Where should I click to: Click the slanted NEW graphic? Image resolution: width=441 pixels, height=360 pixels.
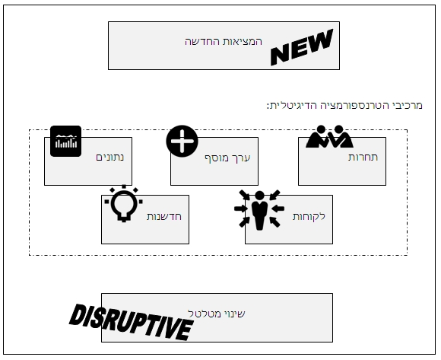(x=302, y=47)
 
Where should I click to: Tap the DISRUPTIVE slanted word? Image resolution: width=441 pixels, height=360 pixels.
(x=131, y=322)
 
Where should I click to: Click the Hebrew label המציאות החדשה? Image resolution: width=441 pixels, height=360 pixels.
(x=224, y=42)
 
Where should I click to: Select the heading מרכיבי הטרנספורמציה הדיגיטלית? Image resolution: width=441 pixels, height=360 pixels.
(x=344, y=106)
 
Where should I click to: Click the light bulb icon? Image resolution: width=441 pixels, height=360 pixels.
(x=124, y=203)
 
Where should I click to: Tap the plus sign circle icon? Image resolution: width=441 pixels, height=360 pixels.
(x=182, y=141)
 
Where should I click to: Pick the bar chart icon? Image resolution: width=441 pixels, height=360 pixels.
(x=66, y=141)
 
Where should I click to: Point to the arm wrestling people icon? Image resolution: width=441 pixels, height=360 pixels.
(x=330, y=136)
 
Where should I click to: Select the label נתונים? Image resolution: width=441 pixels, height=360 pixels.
(x=110, y=157)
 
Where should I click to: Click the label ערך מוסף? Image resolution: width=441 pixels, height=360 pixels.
(x=227, y=158)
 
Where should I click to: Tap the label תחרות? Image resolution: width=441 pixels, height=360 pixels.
(x=363, y=157)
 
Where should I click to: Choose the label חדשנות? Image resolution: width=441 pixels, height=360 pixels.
(x=164, y=216)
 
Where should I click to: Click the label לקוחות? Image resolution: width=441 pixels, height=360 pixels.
(x=309, y=216)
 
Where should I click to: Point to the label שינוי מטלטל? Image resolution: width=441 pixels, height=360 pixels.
(x=217, y=314)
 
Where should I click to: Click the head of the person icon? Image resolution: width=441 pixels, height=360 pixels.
(x=259, y=196)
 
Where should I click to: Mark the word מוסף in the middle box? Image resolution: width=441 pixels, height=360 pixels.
(x=216, y=158)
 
